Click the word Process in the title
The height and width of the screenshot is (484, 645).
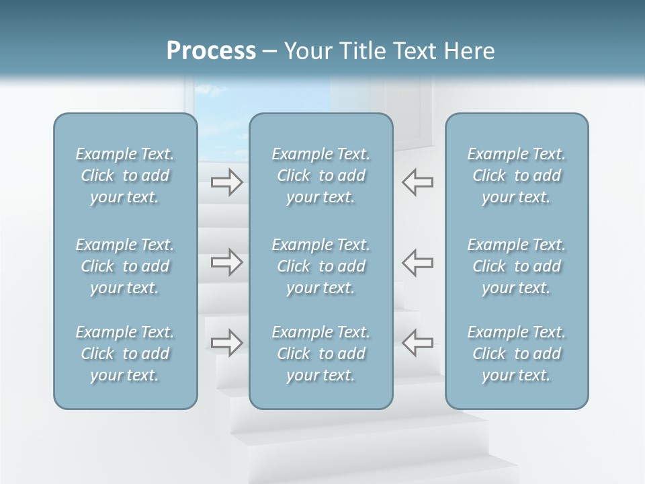click(211, 51)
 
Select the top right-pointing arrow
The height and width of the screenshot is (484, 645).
click(227, 182)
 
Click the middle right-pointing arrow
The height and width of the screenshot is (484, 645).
click(227, 262)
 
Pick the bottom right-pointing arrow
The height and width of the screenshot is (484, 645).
click(227, 343)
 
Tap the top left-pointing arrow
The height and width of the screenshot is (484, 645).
click(418, 182)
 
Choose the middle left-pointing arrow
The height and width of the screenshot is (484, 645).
click(418, 262)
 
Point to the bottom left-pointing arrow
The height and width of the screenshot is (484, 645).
click(418, 343)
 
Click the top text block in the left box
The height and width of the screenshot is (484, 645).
click(125, 175)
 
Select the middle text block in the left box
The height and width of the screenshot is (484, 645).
click(125, 266)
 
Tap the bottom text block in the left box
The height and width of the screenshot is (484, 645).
click(125, 354)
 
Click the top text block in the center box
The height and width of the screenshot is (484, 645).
click(321, 175)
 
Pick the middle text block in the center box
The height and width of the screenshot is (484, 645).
click(321, 266)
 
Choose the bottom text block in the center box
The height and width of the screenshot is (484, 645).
click(321, 354)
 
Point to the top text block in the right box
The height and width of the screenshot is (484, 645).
click(517, 175)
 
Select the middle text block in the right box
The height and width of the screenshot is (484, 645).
click(517, 266)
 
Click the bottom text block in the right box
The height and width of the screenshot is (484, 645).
click(517, 354)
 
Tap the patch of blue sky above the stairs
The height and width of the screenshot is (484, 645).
click(222, 101)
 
